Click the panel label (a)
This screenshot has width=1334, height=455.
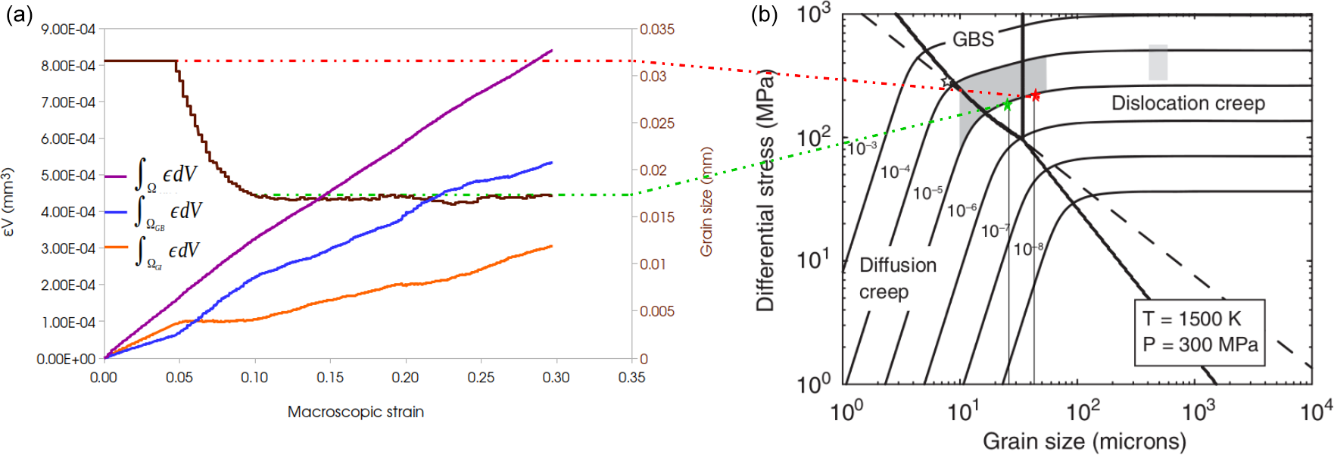[19, 14]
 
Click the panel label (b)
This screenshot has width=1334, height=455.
[764, 14]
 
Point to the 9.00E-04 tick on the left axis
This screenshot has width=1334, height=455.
[68, 30]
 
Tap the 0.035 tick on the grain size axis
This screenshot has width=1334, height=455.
[656, 30]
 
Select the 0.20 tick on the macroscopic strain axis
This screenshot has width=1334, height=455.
[405, 377]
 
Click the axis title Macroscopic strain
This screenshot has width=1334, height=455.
[355, 412]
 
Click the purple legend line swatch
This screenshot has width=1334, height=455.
[115, 176]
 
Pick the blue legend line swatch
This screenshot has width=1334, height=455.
[115, 213]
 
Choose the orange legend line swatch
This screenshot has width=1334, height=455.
[115, 248]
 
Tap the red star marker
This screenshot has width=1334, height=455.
[1034, 95]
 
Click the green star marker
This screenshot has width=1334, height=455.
[1007, 104]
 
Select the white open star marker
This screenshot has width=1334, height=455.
[946, 82]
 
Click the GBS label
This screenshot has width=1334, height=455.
[973, 39]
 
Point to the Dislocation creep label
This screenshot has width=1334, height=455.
[1188, 103]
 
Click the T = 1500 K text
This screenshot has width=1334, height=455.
[1192, 319]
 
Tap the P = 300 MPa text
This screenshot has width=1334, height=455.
[1200, 344]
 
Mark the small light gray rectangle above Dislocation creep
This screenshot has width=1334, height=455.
[1158, 62]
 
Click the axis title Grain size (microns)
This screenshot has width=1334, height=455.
[1084, 441]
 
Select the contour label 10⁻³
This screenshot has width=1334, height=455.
[862, 147]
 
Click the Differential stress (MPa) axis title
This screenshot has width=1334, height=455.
[765, 189]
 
